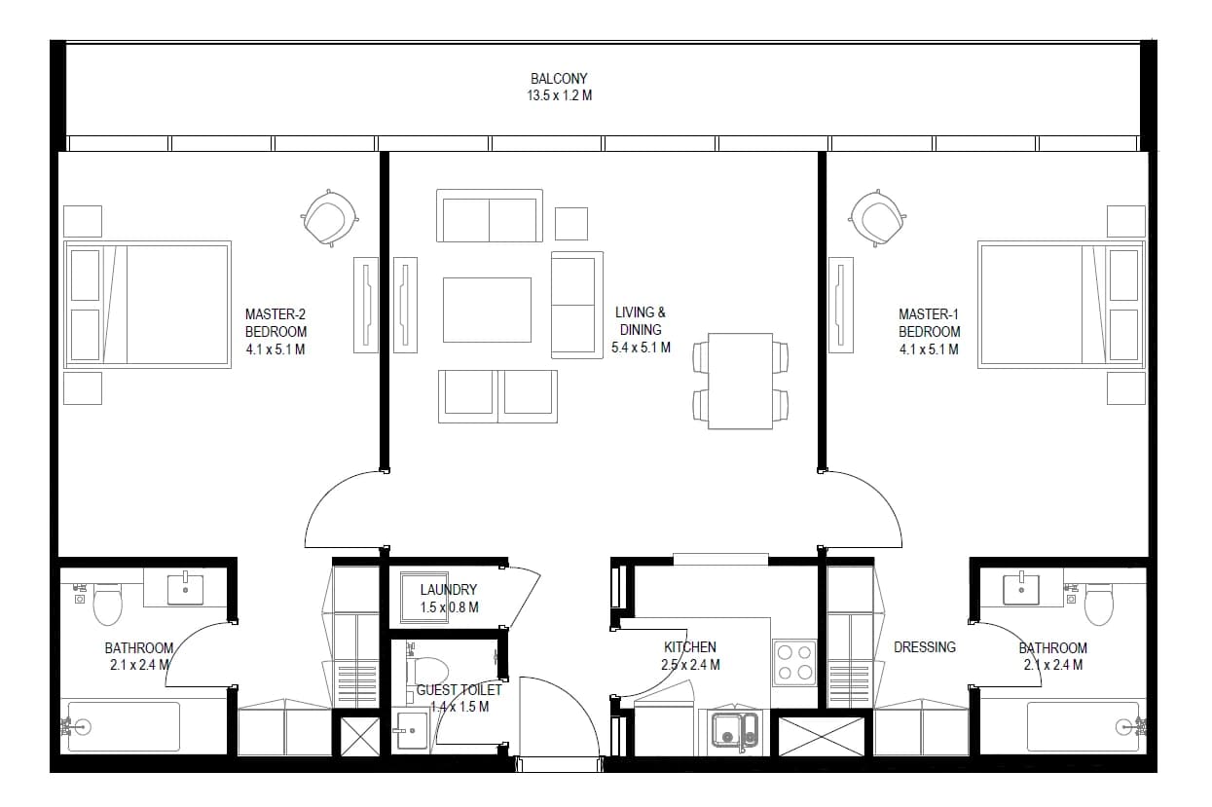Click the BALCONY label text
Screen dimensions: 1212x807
point(559,79)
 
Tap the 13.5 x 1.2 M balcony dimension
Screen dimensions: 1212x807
point(560,95)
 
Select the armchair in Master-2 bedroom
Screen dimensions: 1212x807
point(329,218)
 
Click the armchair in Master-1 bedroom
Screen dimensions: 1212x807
point(877,218)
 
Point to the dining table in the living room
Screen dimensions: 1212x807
point(740,382)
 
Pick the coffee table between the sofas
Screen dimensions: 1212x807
point(487,310)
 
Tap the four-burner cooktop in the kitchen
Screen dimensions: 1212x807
point(794,663)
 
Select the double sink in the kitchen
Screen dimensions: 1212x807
point(735,730)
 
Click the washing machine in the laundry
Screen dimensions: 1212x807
point(424,598)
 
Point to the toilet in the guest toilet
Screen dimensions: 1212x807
point(427,672)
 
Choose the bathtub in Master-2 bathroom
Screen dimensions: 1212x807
point(124,727)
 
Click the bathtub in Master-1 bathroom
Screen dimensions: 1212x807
point(1083,727)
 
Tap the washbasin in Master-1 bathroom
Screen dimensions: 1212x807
point(1021,590)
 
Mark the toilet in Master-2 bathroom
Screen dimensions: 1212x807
point(107,605)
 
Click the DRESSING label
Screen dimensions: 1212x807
point(925,647)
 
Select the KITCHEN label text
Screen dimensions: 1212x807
point(690,647)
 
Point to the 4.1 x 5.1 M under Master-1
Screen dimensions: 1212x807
point(929,349)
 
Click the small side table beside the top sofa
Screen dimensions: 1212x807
point(571,223)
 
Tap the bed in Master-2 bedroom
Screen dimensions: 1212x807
point(147,305)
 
